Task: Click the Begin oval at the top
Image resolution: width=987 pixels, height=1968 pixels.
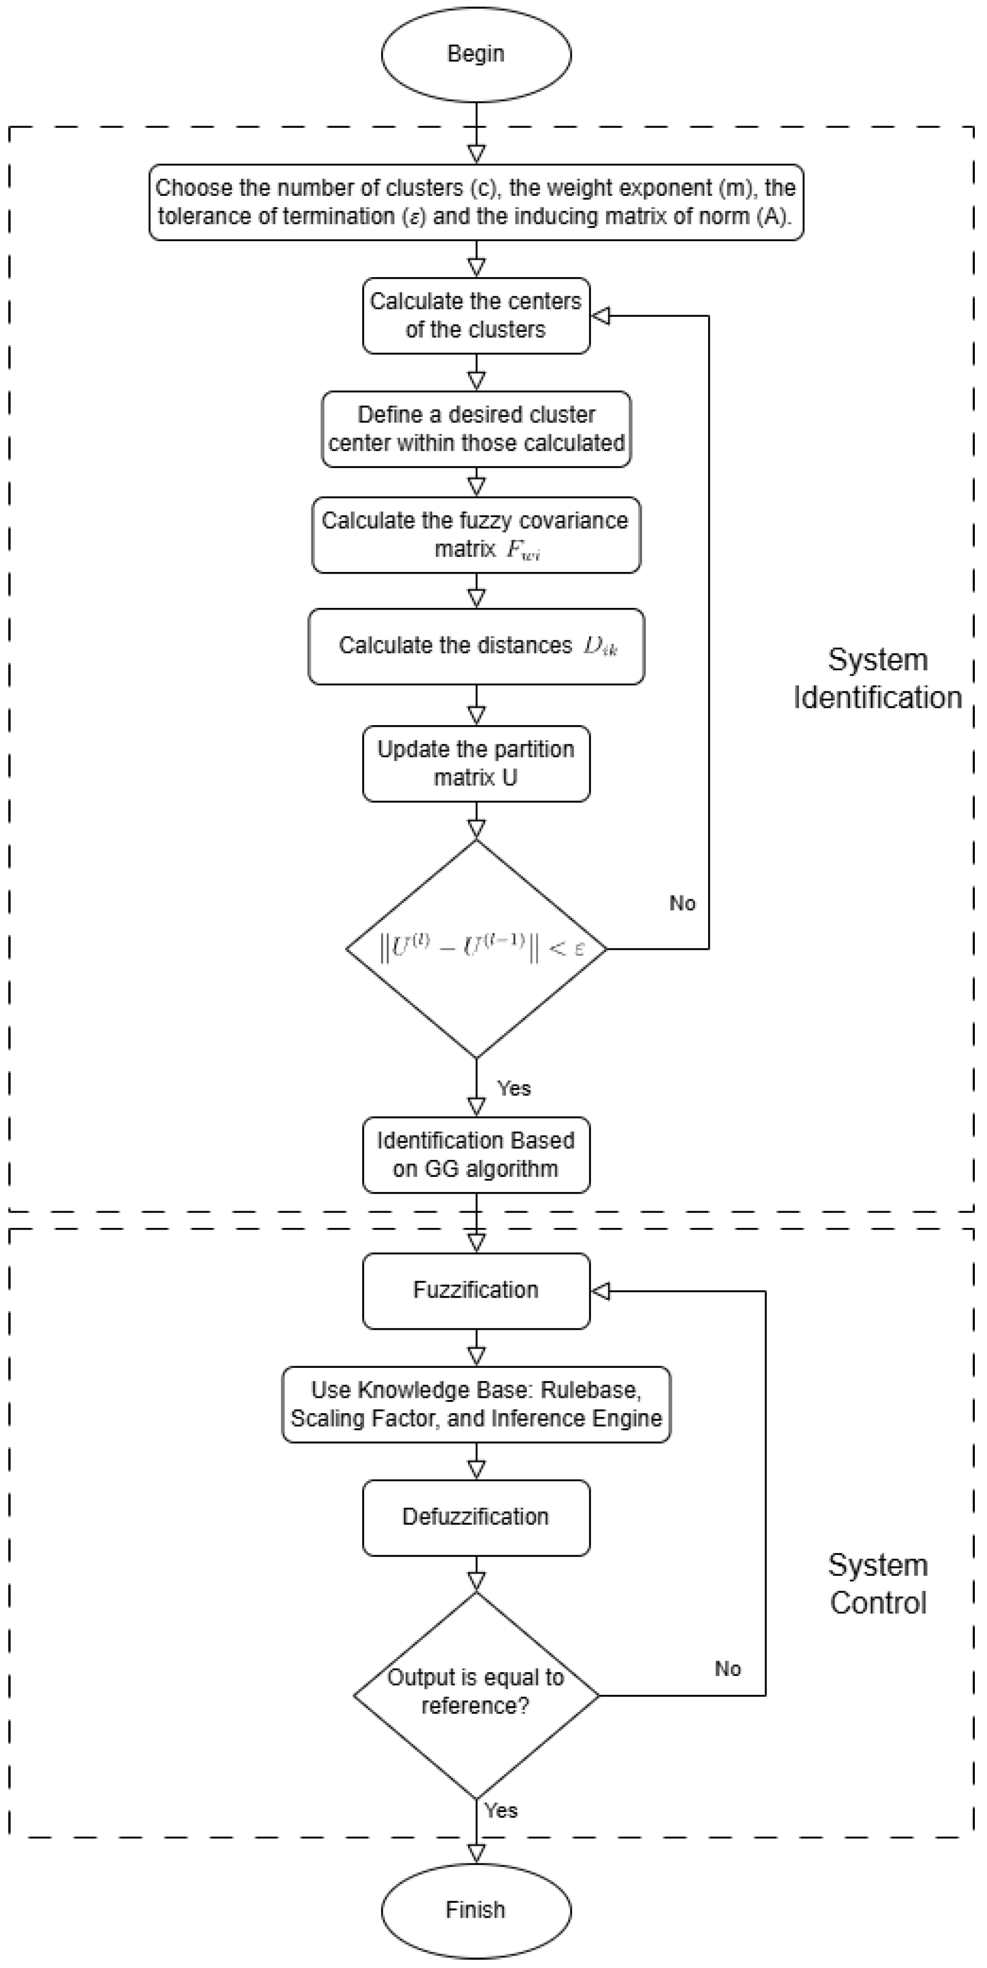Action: tap(476, 54)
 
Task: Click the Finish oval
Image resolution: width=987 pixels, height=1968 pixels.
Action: tap(476, 1910)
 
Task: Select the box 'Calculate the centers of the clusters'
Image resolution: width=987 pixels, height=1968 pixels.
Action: tap(476, 315)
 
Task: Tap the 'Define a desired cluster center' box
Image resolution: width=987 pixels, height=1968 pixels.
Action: tap(476, 429)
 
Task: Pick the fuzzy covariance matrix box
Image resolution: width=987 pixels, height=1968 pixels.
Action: tap(476, 535)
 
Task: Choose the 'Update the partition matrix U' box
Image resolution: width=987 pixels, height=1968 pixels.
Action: tap(476, 763)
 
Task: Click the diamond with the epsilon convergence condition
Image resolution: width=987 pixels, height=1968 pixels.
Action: tap(476, 949)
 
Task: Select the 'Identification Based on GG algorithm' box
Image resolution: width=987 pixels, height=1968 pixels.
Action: tap(476, 1154)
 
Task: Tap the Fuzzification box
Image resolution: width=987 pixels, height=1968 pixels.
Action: tap(476, 1290)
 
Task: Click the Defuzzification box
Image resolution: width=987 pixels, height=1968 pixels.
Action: tap(476, 1517)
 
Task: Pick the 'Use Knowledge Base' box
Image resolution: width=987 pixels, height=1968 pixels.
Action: tap(476, 1404)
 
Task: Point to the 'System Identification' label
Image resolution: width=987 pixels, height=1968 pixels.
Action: tap(877, 679)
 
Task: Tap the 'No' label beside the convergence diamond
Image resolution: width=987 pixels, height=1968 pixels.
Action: tap(682, 903)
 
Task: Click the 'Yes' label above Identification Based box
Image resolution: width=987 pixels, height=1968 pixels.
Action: tap(513, 1088)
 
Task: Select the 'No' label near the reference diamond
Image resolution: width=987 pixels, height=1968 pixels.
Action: tap(728, 1669)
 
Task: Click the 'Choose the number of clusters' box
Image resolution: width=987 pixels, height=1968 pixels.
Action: tap(476, 202)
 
